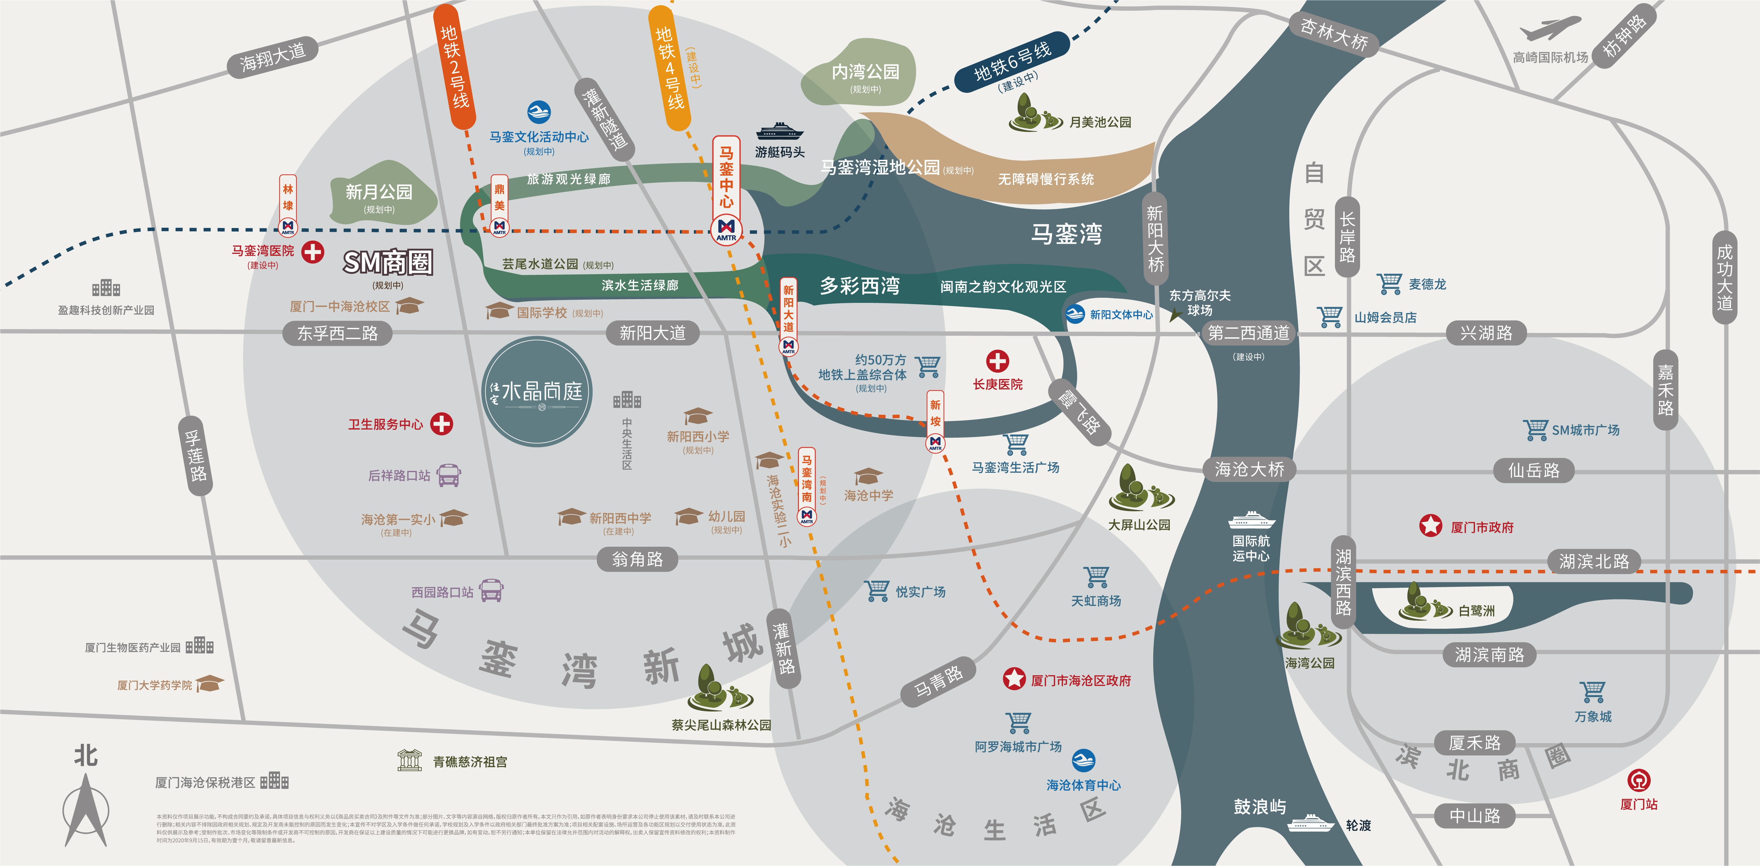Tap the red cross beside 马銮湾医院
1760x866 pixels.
click(313, 252)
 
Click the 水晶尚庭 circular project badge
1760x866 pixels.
click(537, 392)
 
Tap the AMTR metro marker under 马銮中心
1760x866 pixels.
click(726, 228)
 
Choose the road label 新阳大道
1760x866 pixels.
click(652, 333)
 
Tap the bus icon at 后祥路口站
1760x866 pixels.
click(449, 475)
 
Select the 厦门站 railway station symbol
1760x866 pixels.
click(1638, 780)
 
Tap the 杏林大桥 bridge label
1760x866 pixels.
click(1334, 34)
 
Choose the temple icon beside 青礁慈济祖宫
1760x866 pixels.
click(409, 761)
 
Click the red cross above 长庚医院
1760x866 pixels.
click(997, 361)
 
